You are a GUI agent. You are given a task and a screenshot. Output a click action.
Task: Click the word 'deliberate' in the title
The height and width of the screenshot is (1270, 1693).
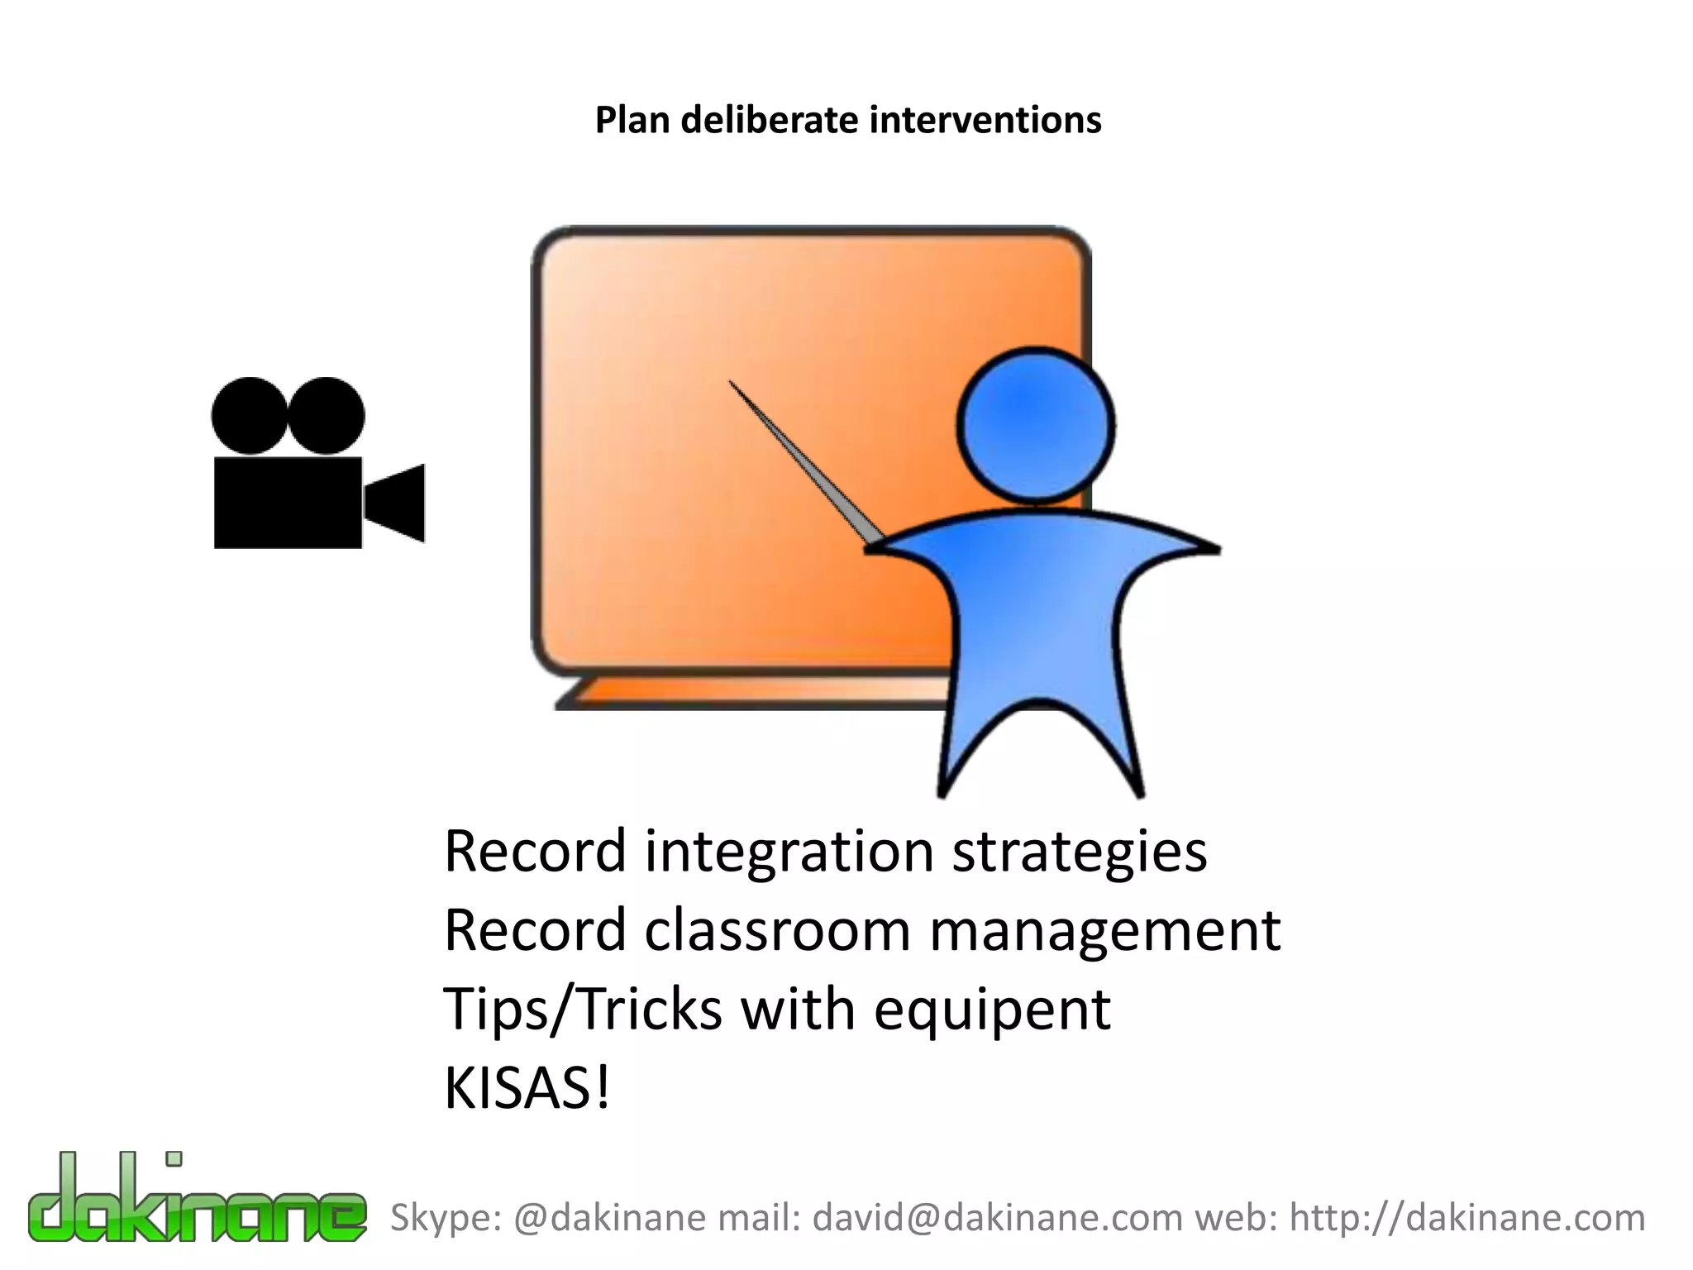click(770, 121)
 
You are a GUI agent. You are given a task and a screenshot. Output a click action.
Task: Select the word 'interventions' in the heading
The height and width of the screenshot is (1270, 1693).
click(985, 121)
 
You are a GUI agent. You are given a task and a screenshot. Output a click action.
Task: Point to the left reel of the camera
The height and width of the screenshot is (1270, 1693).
click(250, 416)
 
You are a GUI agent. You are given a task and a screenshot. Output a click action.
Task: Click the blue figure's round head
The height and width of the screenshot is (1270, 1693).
click(1035, 426)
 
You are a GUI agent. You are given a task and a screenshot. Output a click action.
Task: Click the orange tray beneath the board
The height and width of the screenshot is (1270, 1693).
click(744, 693)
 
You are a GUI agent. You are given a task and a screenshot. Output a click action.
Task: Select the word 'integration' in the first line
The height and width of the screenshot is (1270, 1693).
click(789, 852)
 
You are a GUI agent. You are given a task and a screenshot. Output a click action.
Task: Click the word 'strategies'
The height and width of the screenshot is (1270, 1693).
click(1079, 852)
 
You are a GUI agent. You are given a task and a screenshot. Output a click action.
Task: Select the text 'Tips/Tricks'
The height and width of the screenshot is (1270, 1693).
click(583, 1009)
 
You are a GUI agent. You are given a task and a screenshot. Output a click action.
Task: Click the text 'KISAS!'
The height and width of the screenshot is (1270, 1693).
click(527, 1088)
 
